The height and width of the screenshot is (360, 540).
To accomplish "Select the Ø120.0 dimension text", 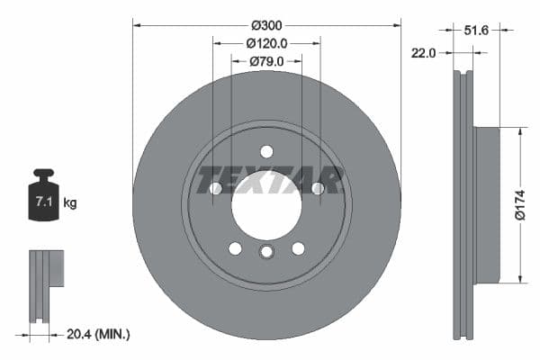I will click(x=266, y=42).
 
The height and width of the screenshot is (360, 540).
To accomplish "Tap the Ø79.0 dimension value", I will click(x=266, y=61).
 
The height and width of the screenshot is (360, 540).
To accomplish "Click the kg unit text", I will click(x=70, y=203).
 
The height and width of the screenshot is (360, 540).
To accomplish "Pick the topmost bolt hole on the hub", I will click(x=266, y=151).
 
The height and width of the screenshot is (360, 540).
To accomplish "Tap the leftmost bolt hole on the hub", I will click(x=215, y=188).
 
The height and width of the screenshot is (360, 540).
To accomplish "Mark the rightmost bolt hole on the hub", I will click(x=318, y=188).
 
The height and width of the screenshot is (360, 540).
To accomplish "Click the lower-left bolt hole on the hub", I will click(x=235, y=248).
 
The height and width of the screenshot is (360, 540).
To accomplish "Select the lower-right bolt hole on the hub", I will click(x=298, y=248).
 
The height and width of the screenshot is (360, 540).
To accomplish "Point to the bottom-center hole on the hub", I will click(x=266, y=252).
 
